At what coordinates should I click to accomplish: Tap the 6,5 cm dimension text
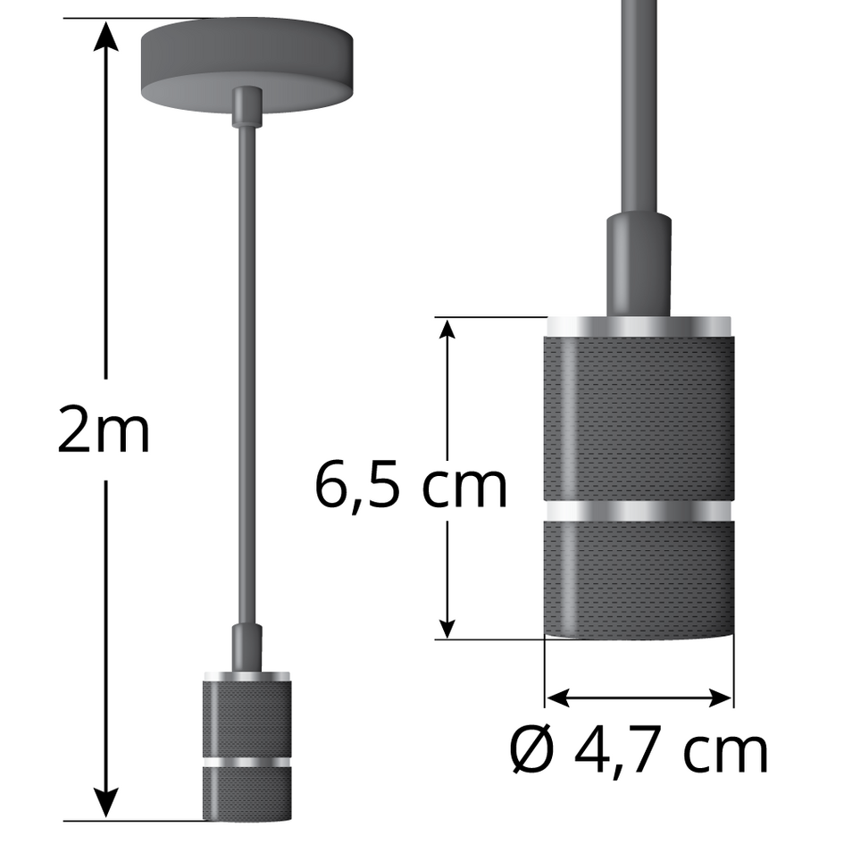click(x=411, y=487)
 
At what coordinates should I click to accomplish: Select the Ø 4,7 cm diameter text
click(x=639, y=752)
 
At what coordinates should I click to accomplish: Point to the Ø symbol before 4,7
click(x=533, y=752)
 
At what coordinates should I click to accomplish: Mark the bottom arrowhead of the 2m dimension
click(x=107, y=804)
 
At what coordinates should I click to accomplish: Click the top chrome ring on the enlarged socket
click(x=639, y=326)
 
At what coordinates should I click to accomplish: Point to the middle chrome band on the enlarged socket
click(x=639, y=511)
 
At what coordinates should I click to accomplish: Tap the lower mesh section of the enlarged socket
click(x=639, y=576)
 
